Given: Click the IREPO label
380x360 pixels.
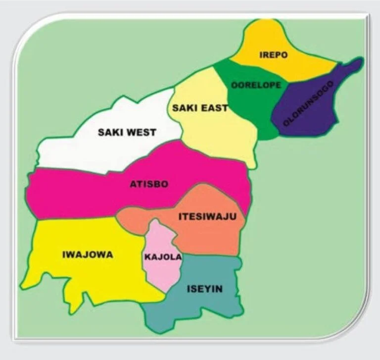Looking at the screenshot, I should [x=273, y=55].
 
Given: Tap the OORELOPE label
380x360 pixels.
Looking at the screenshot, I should [x=256, y=85].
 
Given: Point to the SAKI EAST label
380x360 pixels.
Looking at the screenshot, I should [x=199, y=108].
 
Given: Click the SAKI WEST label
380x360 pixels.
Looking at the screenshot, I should [x=127, y=132].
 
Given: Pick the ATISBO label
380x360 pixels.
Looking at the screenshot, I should [x=149, y=184].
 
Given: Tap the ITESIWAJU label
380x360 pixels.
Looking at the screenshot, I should [x=207, y=216].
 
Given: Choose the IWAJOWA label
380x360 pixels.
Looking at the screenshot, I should [x=88, y=255].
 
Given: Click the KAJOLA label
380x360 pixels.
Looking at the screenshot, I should [x=163, y=257].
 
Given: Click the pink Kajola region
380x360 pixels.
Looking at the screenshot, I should [x=161, y=275].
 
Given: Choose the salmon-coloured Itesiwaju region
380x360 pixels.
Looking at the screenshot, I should [x=213, y=238].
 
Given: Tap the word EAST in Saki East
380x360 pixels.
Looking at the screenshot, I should [x=214, y=108].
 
